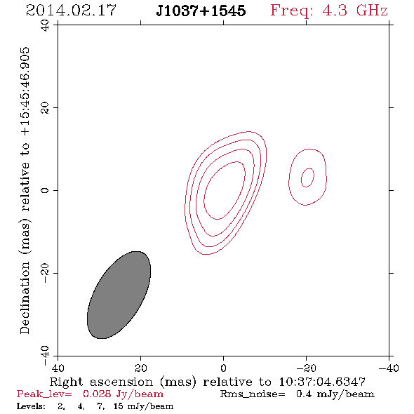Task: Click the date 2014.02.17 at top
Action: tap(72, 11)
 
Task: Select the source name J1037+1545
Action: tap(201, 11)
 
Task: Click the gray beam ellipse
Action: tap(119, 295)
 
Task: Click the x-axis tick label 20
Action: tap(140, 368)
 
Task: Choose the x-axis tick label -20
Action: tap(306, 368)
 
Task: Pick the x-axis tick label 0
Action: tap(223, 368)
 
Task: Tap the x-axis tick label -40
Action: tap(389, 368)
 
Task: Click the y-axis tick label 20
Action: tap(45, 108)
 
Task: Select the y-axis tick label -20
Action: tap(45, 273)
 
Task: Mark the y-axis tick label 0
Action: tap(45, 190)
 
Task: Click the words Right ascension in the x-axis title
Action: tap(101, 382)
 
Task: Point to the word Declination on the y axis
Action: tap(25, 298)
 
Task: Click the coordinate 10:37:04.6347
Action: tap(322, 382)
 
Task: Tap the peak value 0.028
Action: tap(97, 394)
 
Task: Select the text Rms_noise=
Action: tap(253, 394)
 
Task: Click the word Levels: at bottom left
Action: tap(31, 406)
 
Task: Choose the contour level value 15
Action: tap(119, 406)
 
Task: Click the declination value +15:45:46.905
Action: tap(25, 92)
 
